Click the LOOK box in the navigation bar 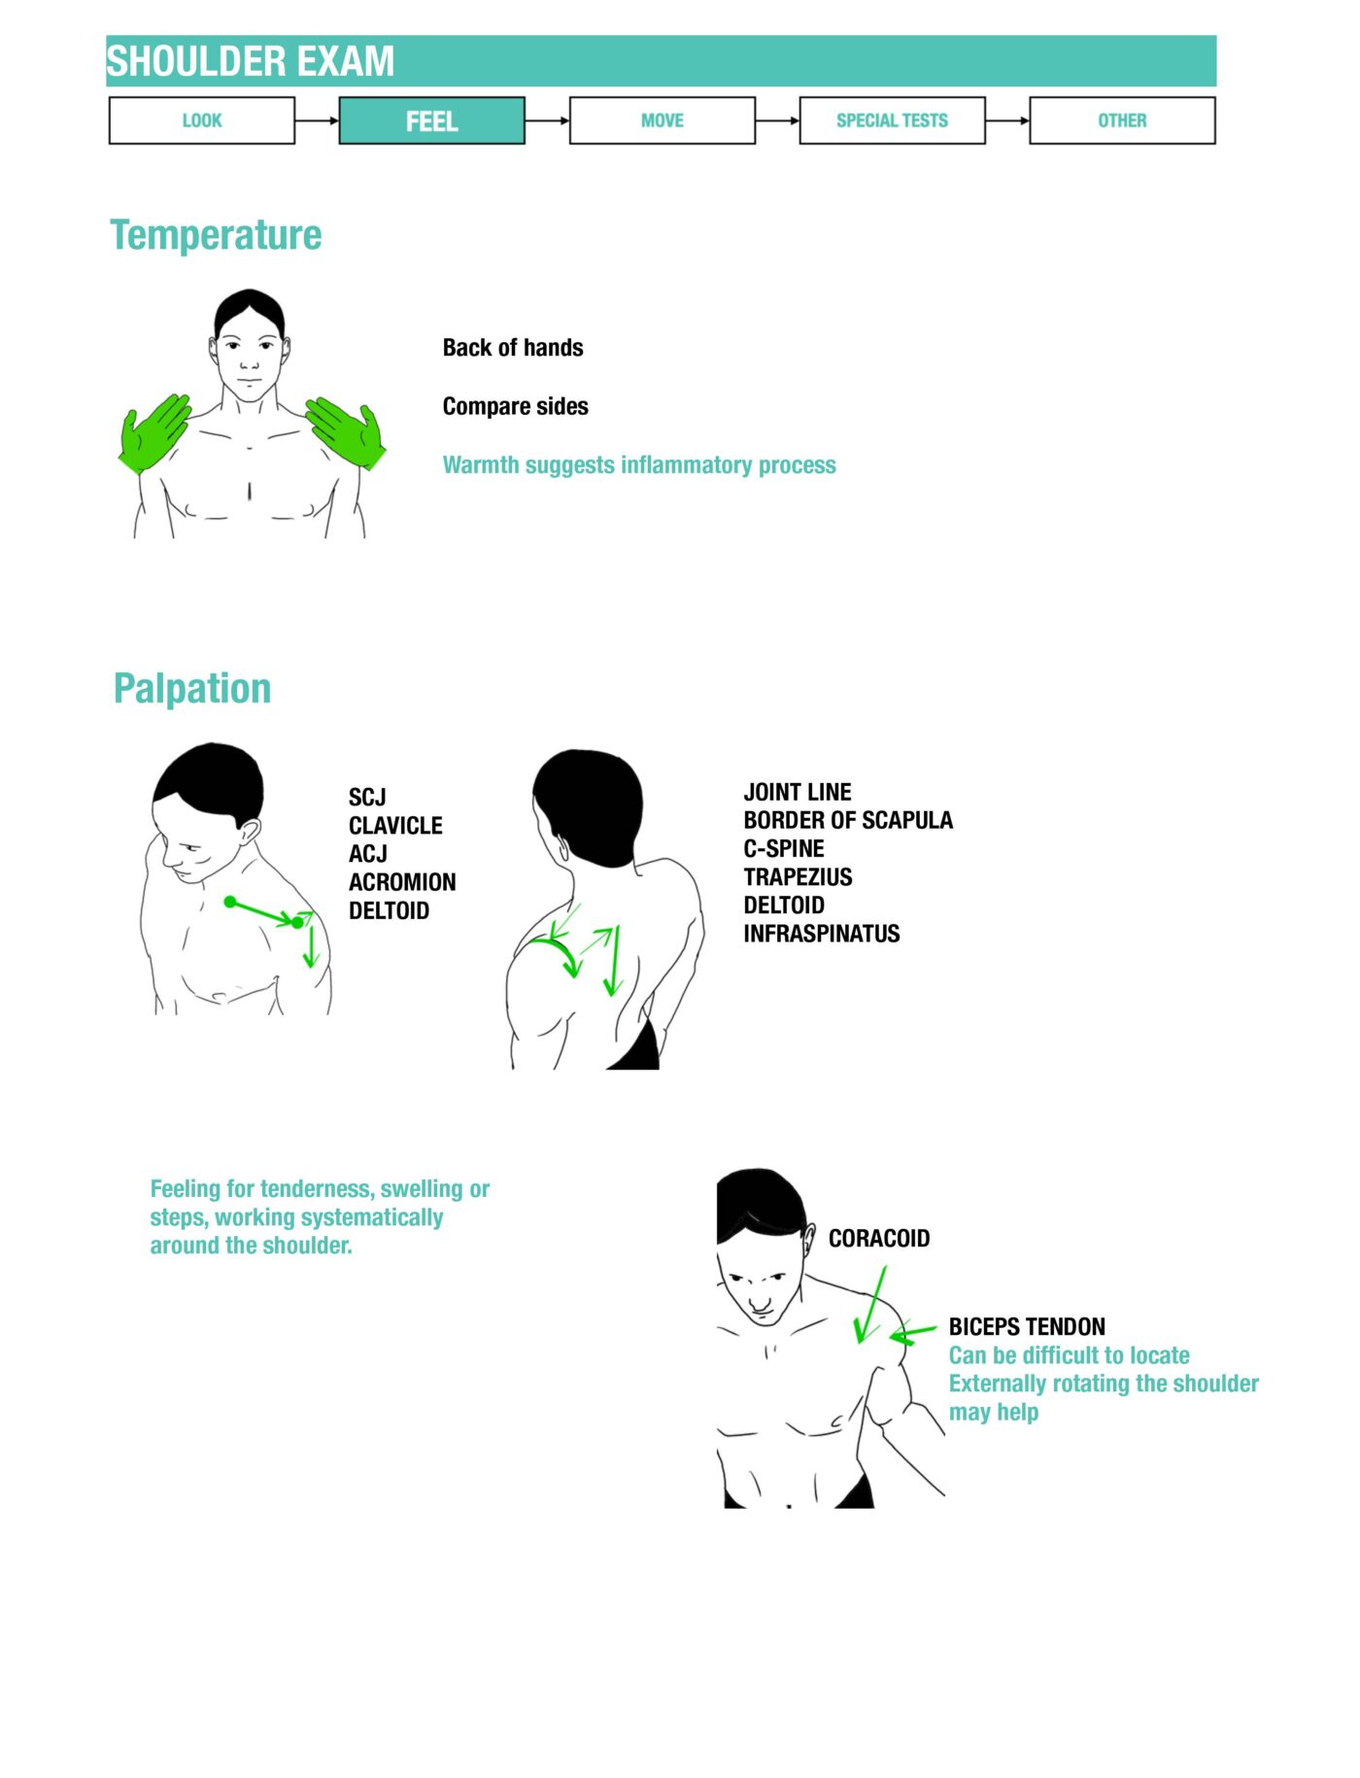pyautogui.click(x=202, y=120)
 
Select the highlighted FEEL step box pyautogui.click(x=431, y=120)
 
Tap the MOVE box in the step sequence pyautogui.click(x=662, y=120)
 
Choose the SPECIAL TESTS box pyautogui.click(x=892, y=120)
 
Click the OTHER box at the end pyautogui.click(x=1122, y=120)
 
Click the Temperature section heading pyautogui.click(x=216, y=235)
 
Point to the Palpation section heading pyautogui.click(x=192, y=688)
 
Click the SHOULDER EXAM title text pyautogui.click(x=251, y=61)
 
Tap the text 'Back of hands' pyautogui.click(x=513, y=348)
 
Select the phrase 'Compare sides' pyautogui.click(x=515, y=406)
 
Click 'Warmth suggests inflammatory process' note pyautogui.click(x=639, y=465)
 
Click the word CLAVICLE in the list pyautogui.click(x=395, y=826)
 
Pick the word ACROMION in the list pyautogui.click(x=402, y=882)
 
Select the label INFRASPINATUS pyautogui.click(x=822, y=934)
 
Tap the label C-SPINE pyautogui.click(x=784, y=848)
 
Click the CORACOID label pyautogui.click(x=879, y=1239)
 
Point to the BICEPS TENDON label pyautogui.click(x=1027, y=1327)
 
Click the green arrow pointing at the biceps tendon pyautogui.click(x=913, y=1334)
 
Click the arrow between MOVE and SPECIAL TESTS pyautogui.click(x=777, y=120)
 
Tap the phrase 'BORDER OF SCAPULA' pyautogui.click(x=848, y=820)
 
